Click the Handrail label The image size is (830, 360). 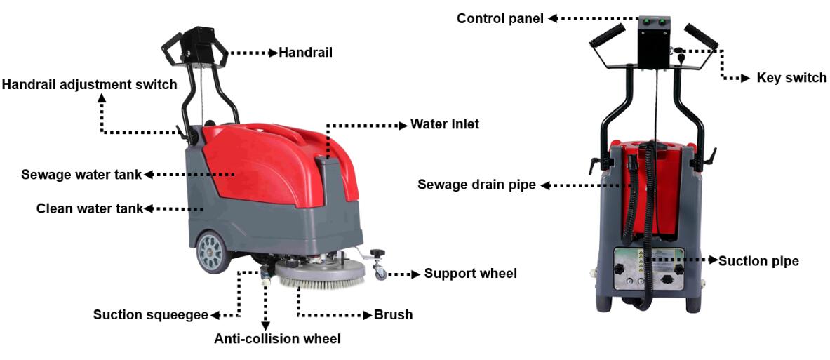pyautogui.click(x=305, y=53)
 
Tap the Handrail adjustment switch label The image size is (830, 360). pyautogui.click(x=89, y=85)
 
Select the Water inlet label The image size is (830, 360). pyautogui.click(x=445, y=124)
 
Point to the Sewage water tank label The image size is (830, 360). pyautogui.click(x=81, y=174)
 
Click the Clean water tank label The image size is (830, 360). pyautogui.click(x=90, y=208)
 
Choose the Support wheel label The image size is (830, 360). pyautogui.click(x=470, y=274)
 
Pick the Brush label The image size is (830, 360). pyautogui.click(x=393, y=315)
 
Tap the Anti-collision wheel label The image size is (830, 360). pyautogui.click(x=277, y=340)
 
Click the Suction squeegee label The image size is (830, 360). pyautogui.click(x=151, y=315)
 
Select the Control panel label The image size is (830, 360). pyautogui.click(x=500, y=18)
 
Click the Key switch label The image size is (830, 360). pyautogui.click(x=791, y=78)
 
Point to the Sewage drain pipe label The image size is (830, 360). pyautogui.click(x=477, y=185)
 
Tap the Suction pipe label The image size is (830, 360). pyautogui.click(x=758, y=261)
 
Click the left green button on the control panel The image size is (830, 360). pyautogui.click(x=645, y=22)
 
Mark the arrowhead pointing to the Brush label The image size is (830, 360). pyautogui.click(x=368, y=315)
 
